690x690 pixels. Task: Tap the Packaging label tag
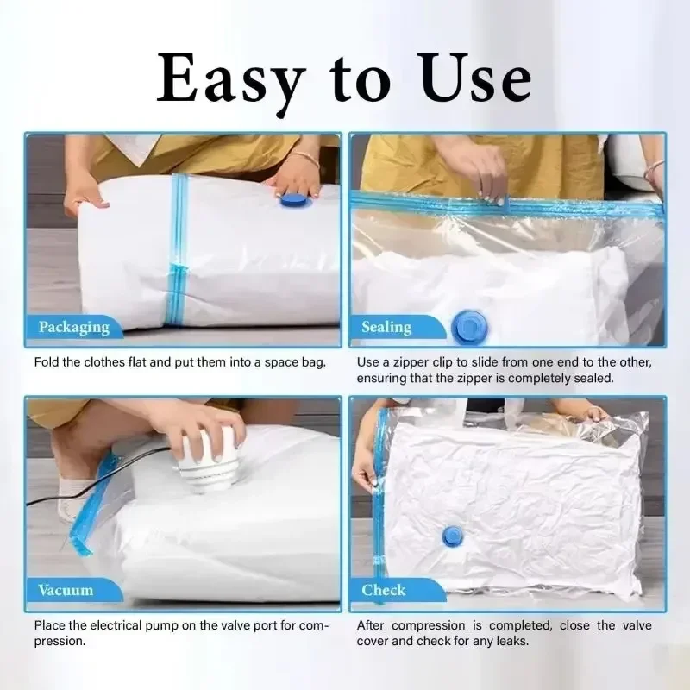(73, 327)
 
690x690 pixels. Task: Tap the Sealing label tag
(386, 327)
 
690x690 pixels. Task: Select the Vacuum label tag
(66, 591)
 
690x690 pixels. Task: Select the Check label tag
(384, 591)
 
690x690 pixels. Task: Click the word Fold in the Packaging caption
(48, 361)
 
